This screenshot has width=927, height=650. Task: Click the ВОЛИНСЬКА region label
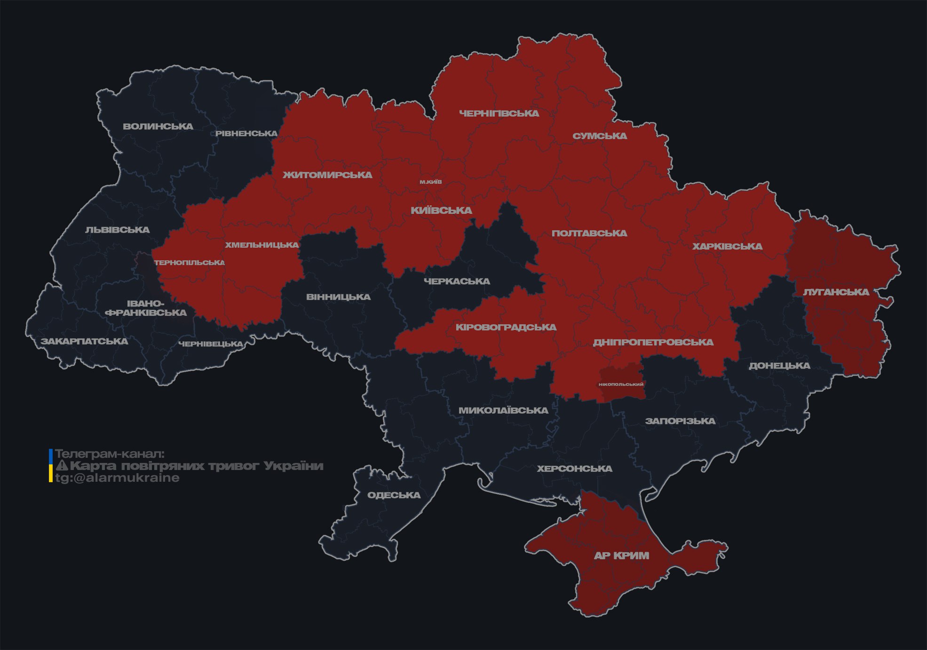(158, 126)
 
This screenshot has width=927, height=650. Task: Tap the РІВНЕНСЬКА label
(246, 133)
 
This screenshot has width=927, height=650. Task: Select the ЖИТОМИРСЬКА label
(327, 175)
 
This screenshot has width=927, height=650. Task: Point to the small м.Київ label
(431, 182)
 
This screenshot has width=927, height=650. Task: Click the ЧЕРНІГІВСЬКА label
(499, 113)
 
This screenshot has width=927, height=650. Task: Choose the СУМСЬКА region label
(600, 136)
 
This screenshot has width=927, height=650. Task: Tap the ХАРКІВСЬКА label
(727, 246)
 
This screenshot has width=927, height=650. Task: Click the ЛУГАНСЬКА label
(836, 292)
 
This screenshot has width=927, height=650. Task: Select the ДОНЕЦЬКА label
(779, 366)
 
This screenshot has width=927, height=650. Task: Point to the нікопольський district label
(621, 384)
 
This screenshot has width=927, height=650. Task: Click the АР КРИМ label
(621, 556)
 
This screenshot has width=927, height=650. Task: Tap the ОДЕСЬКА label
(394, 495)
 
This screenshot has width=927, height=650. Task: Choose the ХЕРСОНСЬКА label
(574, 469)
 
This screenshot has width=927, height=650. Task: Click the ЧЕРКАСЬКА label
(457, 281)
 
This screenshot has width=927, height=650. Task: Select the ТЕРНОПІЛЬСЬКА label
(190, 262)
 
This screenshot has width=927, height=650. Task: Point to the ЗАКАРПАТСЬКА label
(84, 341)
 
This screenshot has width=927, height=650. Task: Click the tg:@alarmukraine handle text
(117, 478)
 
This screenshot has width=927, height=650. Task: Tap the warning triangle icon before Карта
(62, 466)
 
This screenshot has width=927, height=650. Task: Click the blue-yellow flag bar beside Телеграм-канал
(51, 465)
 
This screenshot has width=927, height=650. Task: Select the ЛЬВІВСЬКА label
(117, 230)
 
